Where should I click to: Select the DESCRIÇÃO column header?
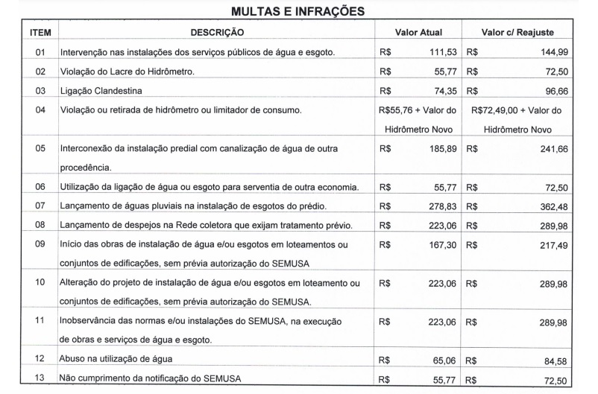pos(217,34)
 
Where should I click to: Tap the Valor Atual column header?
pos(418,34)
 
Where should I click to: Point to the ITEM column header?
pos(40,34)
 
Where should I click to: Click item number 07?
pos(40,205)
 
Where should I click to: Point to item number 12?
pos(40,359)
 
